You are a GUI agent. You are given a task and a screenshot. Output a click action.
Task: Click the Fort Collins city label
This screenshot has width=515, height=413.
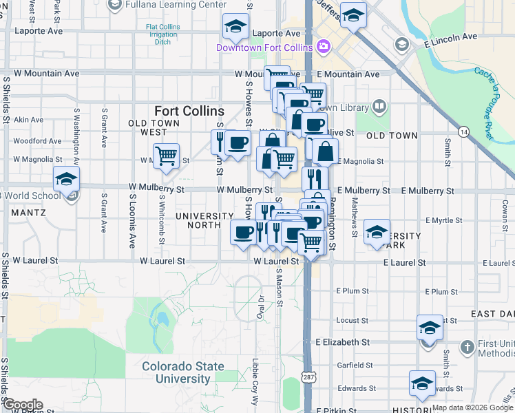pyautogui.click(x=189, y=111)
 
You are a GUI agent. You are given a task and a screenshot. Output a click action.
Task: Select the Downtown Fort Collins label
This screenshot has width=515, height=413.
pyautogui.click(x=264, y=47)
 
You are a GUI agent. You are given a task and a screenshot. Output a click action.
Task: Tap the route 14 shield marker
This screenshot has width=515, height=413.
pyautogui.click(x=463, y=131)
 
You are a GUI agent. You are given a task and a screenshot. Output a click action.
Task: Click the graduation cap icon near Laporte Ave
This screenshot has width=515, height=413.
pyautogui.click(x=235, y=28)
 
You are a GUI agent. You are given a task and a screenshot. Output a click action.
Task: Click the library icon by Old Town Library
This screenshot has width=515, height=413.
pyautogui.click(x=379, y=107)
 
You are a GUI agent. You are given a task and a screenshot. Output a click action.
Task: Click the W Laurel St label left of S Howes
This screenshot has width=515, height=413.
pyautogui.click(x=162, y=262)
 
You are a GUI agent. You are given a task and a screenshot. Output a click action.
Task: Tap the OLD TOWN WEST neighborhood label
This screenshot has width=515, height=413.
pyautogui.click(x=149, y=127)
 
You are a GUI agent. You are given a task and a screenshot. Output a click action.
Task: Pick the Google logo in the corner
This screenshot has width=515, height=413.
pyautogui.click(x=22, y=405)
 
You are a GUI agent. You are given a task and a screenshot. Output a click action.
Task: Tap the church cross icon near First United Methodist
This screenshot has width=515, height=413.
pyautogui.click(x=467, y=346)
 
